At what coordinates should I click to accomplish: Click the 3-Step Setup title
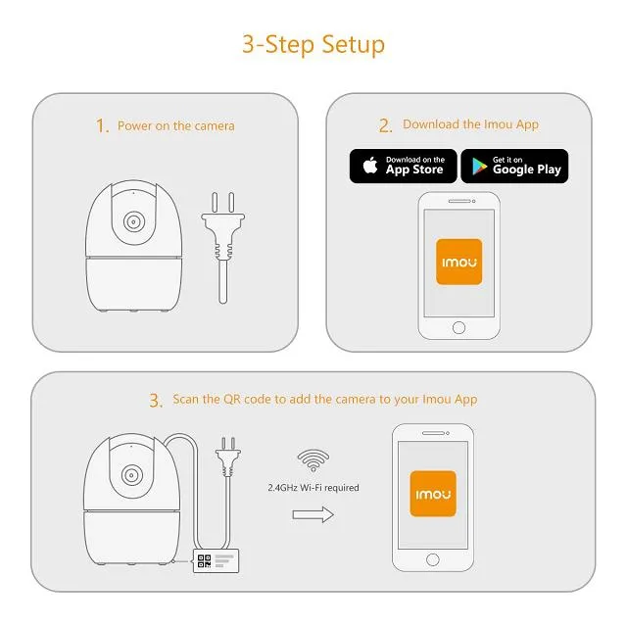[313, 44]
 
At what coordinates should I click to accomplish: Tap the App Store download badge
[402, 166]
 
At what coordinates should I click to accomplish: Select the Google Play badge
[514, 166]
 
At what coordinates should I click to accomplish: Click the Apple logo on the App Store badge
[370, 166]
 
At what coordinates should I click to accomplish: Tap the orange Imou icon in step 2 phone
[458, 262]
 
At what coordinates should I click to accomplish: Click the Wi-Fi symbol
[313, 458]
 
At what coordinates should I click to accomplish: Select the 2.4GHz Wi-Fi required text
[313, 487]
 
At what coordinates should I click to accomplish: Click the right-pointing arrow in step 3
[313, 514]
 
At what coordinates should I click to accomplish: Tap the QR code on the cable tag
[204, 561]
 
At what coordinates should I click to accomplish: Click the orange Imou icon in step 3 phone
[431, 492]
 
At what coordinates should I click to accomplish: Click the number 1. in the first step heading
[102, 125]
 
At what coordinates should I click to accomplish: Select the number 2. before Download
[385, 125]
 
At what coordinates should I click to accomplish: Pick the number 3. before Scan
[156, 400]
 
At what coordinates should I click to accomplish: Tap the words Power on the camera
[175, 125]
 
